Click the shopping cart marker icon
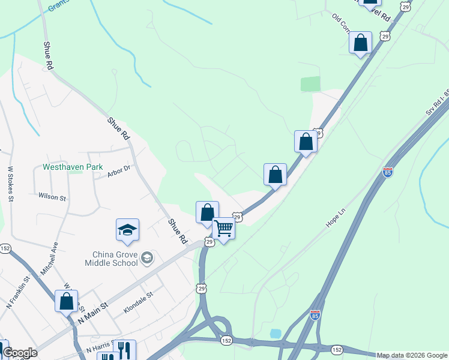pyautogui.click(x=223, y=228)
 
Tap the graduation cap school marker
pyautogui.click(x=127, y=230)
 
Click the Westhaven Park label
pyautogui.click(x=73, y=167)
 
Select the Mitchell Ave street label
pyautogui.click(x=49, y=259)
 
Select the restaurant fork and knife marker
pyautogui.click(x=124, y=350)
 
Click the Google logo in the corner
pyautogui.click(x=19, y=353)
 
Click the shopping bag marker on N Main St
pyautogui.click(x=66, y=301)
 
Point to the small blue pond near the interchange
pyautogui.click(x=276, y=333)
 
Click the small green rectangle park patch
pyautogui.click(x=310, y=84)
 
